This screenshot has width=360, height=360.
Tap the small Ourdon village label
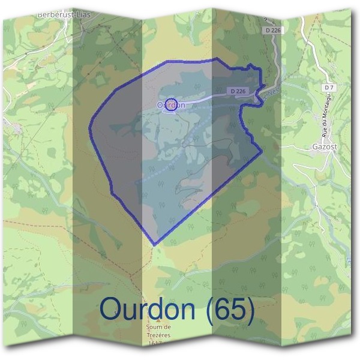(x=170, y=105)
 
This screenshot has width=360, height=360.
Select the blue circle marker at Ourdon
(x=171, y=104)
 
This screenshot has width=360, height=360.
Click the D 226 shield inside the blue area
(x=238, y=91)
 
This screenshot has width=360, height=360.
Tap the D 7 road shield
(x=328, y=88)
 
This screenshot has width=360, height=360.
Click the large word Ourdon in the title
(x=148, y=308)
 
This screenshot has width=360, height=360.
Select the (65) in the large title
(x=230, y=308)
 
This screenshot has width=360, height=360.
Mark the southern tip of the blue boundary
(x=155, y=245)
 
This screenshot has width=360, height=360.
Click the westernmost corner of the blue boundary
(x=89, y=128)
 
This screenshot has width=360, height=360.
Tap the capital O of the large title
(x=111, y=308)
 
